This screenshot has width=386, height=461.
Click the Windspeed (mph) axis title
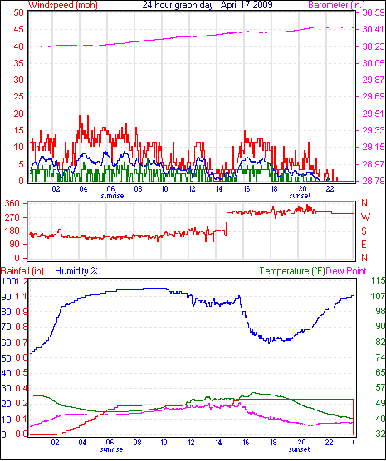63,5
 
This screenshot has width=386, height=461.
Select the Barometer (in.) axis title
336,5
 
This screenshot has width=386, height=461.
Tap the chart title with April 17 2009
208,5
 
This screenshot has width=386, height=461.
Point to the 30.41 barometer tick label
374,29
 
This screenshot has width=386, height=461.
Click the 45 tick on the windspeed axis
18,29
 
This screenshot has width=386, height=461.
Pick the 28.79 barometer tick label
374,181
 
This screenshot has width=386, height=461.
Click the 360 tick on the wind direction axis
12,203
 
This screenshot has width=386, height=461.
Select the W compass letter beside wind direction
365,217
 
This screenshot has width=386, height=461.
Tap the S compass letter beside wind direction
364,231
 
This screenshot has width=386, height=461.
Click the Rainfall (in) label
22,271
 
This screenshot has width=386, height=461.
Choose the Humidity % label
76,271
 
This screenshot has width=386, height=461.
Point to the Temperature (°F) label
292,271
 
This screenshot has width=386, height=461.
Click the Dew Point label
346,271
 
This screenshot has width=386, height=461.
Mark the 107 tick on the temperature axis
378,296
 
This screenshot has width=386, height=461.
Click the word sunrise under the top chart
112,196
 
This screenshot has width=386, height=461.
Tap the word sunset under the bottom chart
299,449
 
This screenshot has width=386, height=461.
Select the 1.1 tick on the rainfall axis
21,296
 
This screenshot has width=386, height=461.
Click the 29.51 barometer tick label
374,114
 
